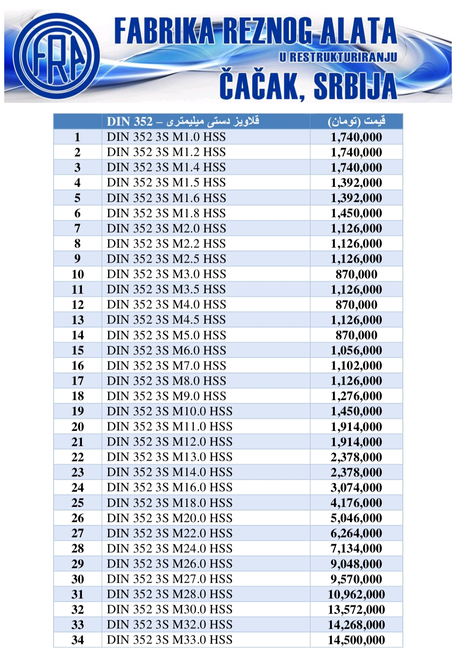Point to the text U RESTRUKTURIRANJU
(338, 57)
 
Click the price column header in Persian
(356, 121)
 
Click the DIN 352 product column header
(183, 121)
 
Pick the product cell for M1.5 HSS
(166, 182)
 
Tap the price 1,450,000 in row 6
(356, 213)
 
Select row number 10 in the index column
(78, 274)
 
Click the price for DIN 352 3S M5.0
(356, 335)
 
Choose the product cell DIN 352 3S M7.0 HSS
(166, 366)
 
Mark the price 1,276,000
(356, 396)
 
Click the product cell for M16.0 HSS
(170, 487)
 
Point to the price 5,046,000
(356, 518)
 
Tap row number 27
(78, 533)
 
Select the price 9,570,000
(356, 579)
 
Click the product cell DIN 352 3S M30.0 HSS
(170, 609)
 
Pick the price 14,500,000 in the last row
(356, 640)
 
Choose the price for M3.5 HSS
(356, 290)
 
